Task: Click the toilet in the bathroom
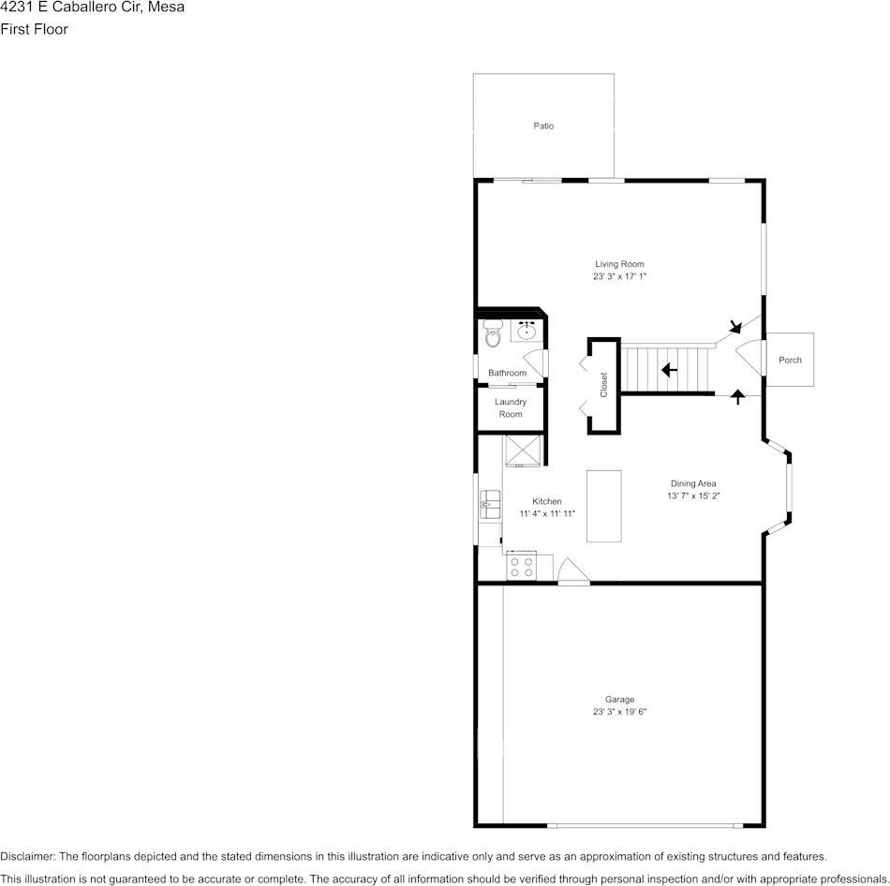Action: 493,332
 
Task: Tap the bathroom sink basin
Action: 527,330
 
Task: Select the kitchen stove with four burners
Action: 521,567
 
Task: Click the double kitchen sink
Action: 489,506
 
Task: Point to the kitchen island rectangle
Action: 604,506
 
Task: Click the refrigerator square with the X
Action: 524,450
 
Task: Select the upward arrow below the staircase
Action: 737,396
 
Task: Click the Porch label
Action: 790,360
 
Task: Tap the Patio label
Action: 543,126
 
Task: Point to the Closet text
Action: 604,385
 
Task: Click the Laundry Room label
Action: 511,408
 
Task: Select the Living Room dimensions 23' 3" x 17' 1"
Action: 619,276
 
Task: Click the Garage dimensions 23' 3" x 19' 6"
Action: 619,712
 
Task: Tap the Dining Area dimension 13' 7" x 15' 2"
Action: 693,495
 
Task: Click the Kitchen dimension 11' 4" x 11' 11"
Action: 547,513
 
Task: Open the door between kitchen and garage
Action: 571,571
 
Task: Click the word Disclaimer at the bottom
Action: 27,856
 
